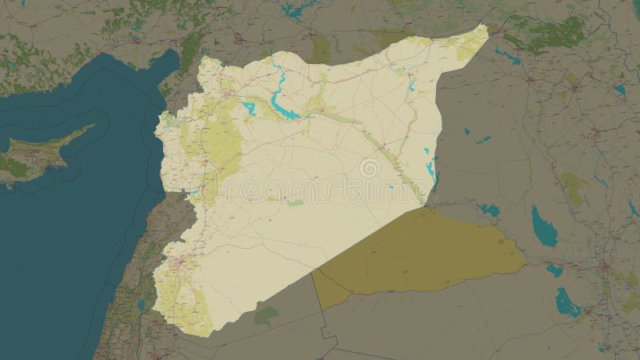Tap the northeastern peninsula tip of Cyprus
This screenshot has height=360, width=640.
(x=92, y=126)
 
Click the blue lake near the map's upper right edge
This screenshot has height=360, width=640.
(x=619, y=90)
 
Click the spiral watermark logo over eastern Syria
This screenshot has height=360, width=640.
(x=370, y=169)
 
